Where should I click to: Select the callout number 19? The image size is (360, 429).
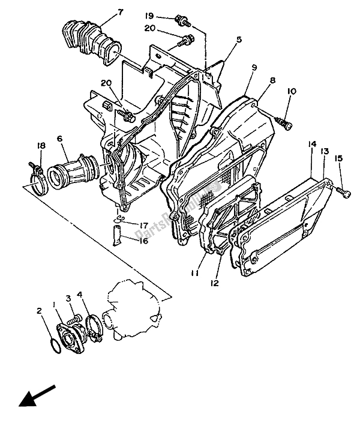(x=149, y=16)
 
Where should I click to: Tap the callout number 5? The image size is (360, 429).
(x=239, y=40)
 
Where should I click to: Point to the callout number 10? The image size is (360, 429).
(x=292, y=91)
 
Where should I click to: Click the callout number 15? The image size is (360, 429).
(x=339, y=158)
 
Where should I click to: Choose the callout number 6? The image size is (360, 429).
(x=60, y=139)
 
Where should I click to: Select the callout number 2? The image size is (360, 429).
(x=39, y=311)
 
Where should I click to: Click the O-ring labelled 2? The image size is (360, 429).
(x=53, y=344)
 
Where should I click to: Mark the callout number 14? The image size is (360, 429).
(x=312, y=145)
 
